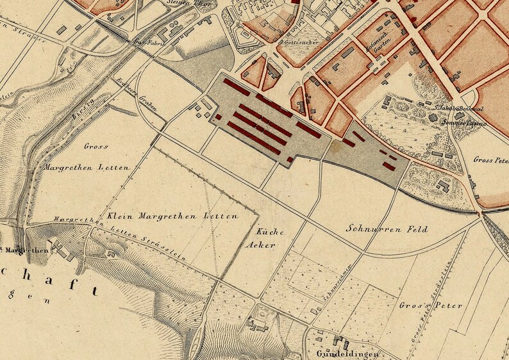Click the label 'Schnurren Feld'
click(378, 228)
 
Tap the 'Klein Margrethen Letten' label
click(172, 216)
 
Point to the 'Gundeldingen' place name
click(344, 354)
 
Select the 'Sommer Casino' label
click(469, 122)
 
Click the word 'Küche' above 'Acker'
click(269, 231)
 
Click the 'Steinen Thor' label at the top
click(180, 3)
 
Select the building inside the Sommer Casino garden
click(443, 186)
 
